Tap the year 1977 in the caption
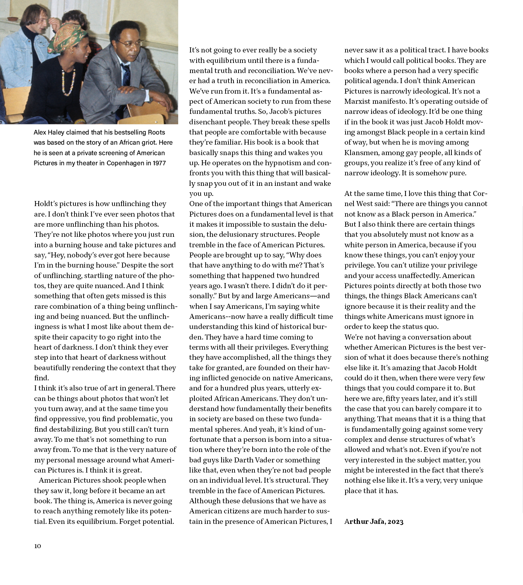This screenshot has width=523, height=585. tap(159, 163)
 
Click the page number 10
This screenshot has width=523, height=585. tap(38, 546)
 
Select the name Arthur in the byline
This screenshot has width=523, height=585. tap(356, 521)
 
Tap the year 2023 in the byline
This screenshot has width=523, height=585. tap(395, 521)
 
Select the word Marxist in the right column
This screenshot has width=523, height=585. tap(359, 101)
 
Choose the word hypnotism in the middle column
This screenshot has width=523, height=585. tap(279, 163)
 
